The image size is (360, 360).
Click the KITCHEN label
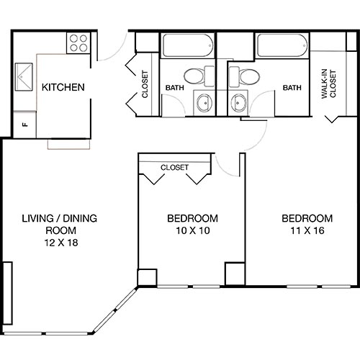tap(63, 88)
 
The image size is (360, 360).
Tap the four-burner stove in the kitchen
tap(78, 44)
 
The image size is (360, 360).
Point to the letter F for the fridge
tap(25, 124)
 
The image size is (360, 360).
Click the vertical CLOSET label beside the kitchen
tap(144, 84)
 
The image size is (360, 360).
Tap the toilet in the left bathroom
tap(196, 75)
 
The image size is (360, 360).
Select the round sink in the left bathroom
tap(204, 102)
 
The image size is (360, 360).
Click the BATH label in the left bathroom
tap(175, 89)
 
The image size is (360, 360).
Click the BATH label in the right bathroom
tap(292, 89)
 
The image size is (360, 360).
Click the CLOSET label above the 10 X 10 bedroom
tap(174, 167)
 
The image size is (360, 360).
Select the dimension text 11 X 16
tap(307, 231)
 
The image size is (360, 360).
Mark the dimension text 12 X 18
tap(60, 243)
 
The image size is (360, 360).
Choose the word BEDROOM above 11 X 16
tap(307, 219)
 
